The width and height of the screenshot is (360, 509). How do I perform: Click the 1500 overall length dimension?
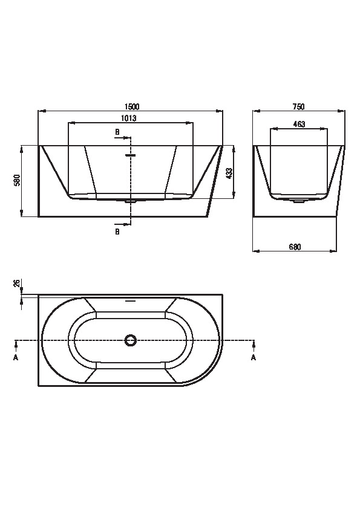pyautogui.click(x=132, y=106)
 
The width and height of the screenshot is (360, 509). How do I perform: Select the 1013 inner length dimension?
pyautogui.click(x=129, y=118)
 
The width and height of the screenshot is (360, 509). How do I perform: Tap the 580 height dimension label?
pyautogui.click(x=17, y=181)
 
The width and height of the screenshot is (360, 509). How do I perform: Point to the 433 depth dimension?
pyautogui.click(x=229, y=173)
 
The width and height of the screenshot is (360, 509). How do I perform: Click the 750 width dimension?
pyautogui.click(x=299, y=106)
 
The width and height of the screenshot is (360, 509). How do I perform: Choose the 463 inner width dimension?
pyautogui.click(x=299, y=124)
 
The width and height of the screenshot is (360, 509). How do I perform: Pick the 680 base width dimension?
pyautogui.click(x=295, y=247)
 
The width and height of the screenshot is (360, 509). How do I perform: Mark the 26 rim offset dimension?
pyautogui.click(x=17, y=284)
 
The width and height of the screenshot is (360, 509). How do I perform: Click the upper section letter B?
pyautogui.click(x=117, y=132)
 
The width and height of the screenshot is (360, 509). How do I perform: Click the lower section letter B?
pyautogui.click(x=117, y=232)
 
